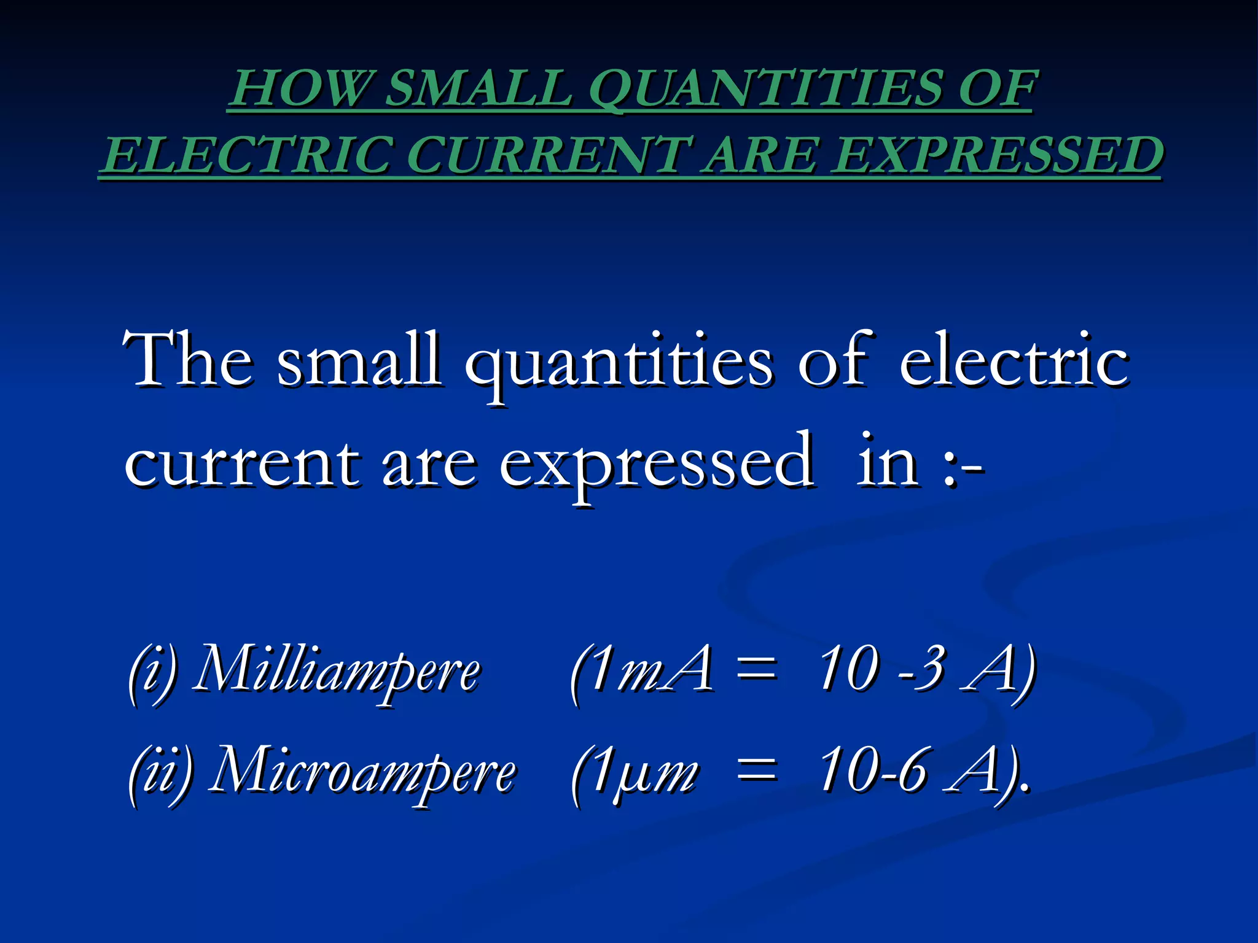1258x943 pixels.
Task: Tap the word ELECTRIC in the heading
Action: click(246, 154)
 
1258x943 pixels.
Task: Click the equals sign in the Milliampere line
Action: click(756, 670)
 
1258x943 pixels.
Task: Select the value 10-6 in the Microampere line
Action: click(872, 770)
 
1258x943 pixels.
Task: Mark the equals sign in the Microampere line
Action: click(756, 771)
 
